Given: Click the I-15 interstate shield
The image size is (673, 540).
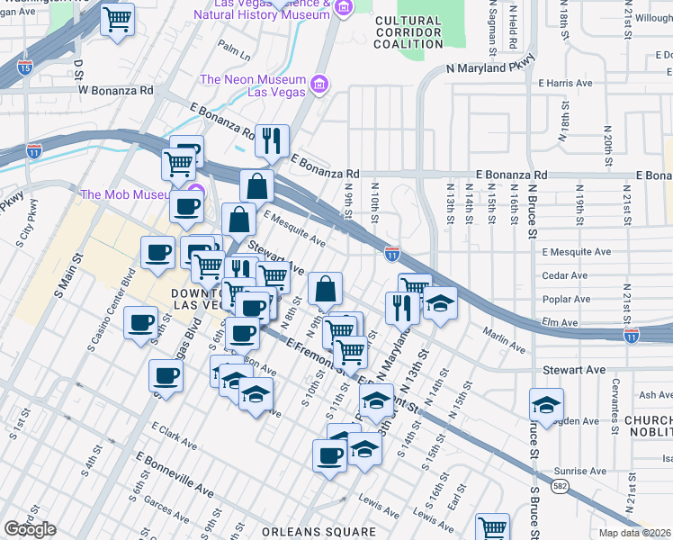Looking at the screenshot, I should [x=24, y=66].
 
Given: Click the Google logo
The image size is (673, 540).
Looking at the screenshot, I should [x=30, y=529].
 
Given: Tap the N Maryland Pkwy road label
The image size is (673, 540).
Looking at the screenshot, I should [x=490, y=66].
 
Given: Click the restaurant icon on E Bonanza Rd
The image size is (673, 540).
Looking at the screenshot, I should [x=272, y=140].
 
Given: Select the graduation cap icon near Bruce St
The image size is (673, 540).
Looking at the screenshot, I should [x=546, y=404].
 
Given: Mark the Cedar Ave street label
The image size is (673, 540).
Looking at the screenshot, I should [x=565, y=275].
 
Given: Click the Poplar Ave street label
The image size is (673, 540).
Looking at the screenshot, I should [x=567, y=299].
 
